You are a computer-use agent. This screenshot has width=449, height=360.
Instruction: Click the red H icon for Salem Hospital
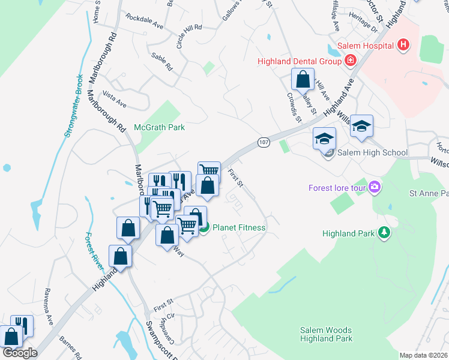pyautogui.click(x=403, y=45)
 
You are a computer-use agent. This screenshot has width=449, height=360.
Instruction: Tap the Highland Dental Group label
pyautogui.click(x=300, y=61)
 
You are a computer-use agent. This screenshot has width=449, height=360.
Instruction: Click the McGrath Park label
pyautogui.click(x=160, y=127)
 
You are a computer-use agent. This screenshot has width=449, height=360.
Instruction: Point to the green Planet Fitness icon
pyautogui.click(x=203, y=227)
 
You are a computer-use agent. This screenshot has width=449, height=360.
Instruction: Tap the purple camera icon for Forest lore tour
pyautogui.click(x=376, y=188)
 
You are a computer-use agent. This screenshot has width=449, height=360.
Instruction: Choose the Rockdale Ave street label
pyautogui.click(x=145, y=26)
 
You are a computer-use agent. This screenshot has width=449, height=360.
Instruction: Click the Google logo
pyautogui.click(x=20, y=353)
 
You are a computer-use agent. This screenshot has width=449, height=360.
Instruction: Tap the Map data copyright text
pyautogui.click(x=424, y=355)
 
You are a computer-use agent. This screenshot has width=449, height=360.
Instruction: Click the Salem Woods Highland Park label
pyautogui.click(x=325, y=335)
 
